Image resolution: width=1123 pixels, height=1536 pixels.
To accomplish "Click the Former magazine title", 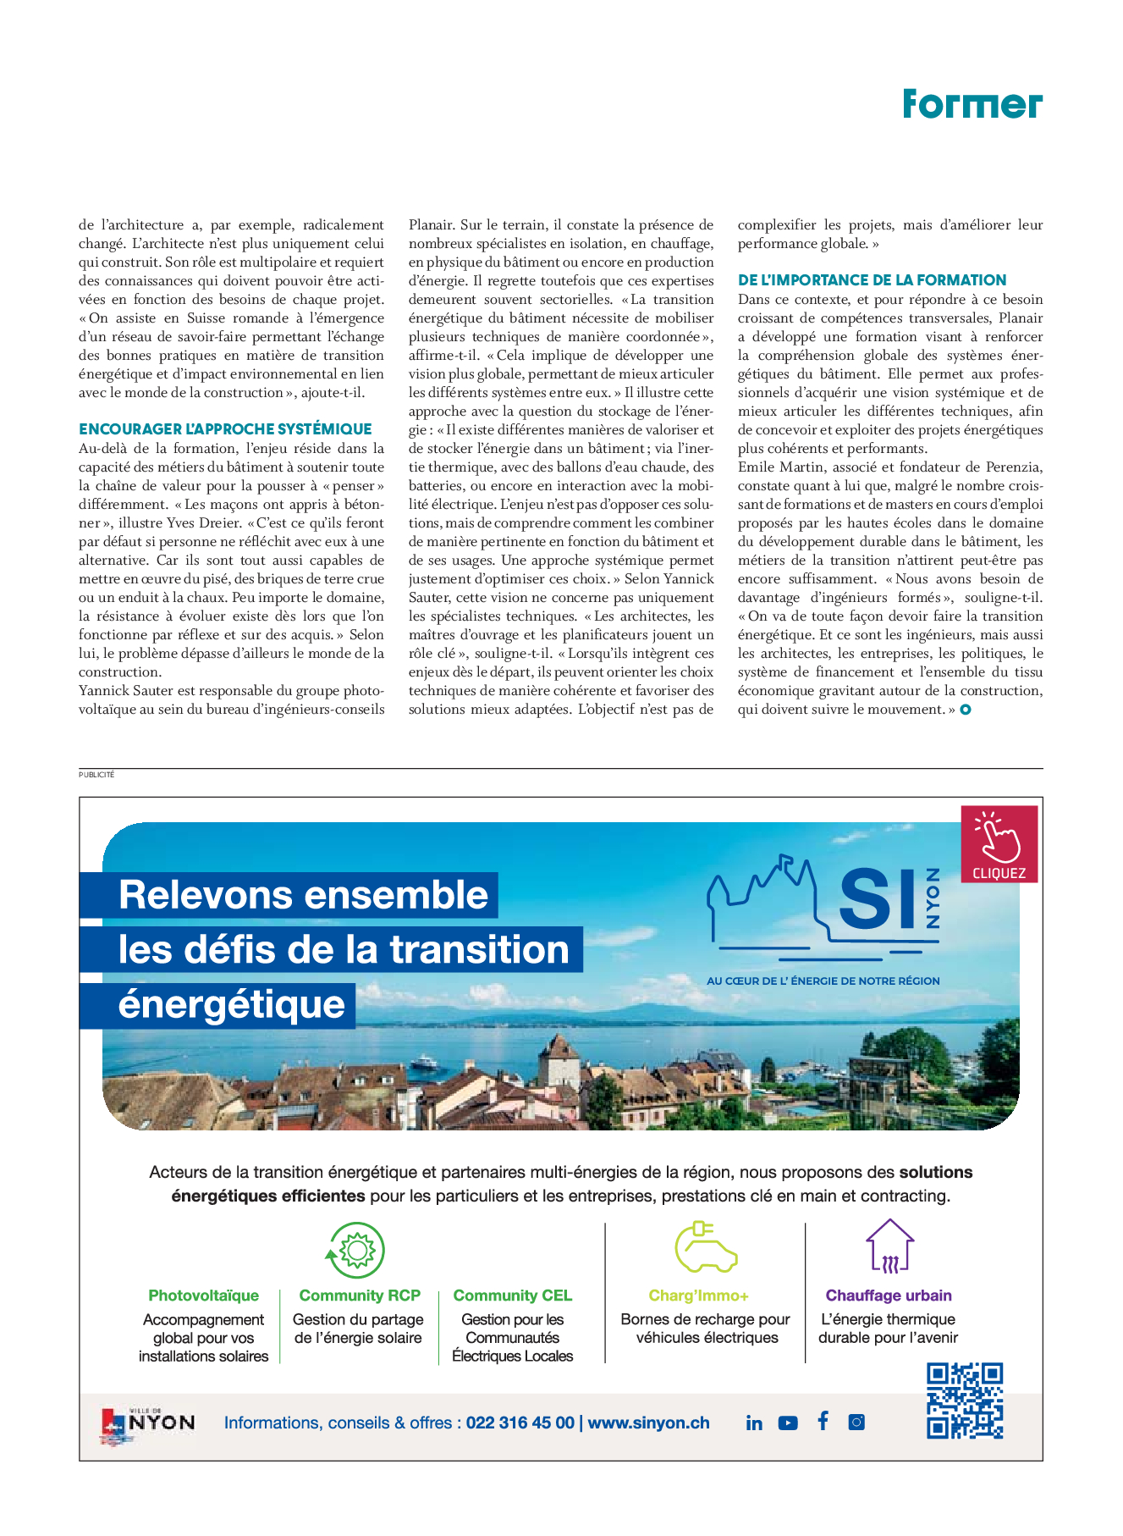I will pos(972,104).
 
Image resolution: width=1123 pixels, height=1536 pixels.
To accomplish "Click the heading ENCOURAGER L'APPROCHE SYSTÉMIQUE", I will pos(225,429).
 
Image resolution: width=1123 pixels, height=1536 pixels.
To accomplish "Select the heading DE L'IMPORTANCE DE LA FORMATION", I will pos(872,280).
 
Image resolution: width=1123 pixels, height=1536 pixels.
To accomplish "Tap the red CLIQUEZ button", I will pos(999,844).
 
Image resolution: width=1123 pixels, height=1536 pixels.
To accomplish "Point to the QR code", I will pos(965,1401).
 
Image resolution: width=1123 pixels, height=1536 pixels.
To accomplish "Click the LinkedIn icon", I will pos(754,1423).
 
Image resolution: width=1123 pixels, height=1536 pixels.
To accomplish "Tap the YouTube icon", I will pos(788,1423).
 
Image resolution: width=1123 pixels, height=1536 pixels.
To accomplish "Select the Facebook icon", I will pos(823,1421).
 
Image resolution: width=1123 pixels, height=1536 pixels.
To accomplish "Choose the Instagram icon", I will pos(856,1423).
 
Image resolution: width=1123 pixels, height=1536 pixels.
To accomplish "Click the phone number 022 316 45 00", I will pos(520,1423).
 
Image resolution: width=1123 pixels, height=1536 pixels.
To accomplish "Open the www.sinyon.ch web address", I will pos(648,1423).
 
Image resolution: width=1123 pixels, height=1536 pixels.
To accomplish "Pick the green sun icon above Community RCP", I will pos(356,1251).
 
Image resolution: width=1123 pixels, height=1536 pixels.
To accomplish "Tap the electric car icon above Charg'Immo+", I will pos(706,1247).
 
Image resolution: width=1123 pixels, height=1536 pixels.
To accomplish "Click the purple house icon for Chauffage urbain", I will pos(889,1246).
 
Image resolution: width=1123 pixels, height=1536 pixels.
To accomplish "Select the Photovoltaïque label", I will pos(203,1296).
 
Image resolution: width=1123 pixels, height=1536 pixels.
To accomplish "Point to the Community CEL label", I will pos(512,1296).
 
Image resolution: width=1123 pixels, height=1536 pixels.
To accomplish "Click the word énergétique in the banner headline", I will pos(231,1005).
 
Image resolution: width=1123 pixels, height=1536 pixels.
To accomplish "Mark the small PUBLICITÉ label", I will pos(96,775).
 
